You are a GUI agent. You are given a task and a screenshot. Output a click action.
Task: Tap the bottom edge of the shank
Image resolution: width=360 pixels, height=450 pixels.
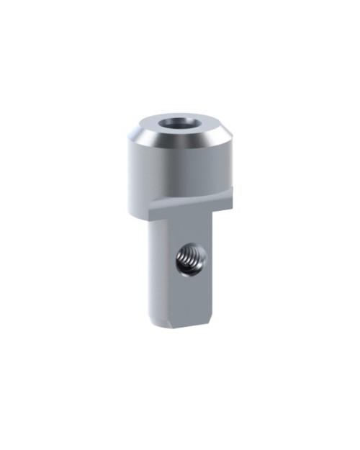point(184,325)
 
